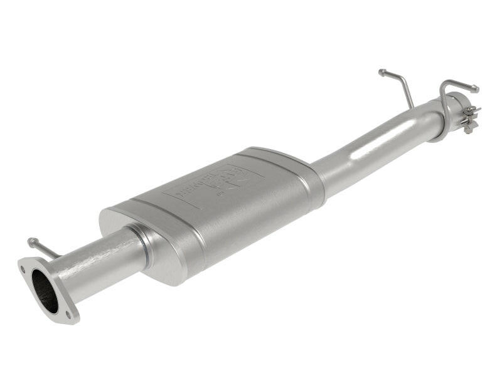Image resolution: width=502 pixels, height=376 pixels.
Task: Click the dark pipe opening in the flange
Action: [45, 291]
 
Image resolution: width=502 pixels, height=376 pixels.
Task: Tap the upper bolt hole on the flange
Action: [24, 270]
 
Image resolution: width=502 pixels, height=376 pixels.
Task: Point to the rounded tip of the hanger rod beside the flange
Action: [31, 241]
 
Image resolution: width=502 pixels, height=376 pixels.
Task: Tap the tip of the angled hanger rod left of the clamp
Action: [382, 72]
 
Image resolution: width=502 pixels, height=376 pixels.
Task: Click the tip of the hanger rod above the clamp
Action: [475, 88]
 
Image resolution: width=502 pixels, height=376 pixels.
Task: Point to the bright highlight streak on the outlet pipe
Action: [376, 144]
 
